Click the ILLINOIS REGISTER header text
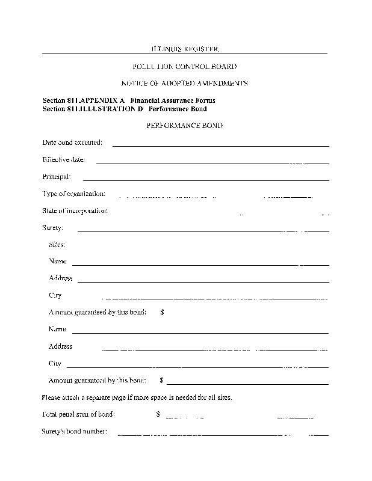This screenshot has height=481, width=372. [184, 49]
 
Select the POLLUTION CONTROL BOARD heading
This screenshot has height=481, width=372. [184, 67]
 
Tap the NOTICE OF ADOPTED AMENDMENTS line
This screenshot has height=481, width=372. [184, 84]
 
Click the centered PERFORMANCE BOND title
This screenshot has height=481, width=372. [184, 126]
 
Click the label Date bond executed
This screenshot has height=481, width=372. [72, 142]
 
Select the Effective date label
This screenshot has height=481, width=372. [64, 160]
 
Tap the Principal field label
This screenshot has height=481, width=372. [57, 177]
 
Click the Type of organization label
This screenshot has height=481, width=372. [74, 194]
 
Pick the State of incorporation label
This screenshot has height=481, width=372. [75, 210]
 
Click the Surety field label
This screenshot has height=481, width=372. [52, 228]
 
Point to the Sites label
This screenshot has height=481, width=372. [57, 245]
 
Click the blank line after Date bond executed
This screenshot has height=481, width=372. [220, 146]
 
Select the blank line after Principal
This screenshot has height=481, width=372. [205, 180]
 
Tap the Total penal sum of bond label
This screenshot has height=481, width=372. [79, 414]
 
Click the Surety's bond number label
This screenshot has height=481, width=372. [75, 431]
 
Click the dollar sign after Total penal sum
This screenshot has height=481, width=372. [158, 414]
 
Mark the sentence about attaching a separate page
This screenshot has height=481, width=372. [137, 397]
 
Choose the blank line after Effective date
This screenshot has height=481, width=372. [212, 163]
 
